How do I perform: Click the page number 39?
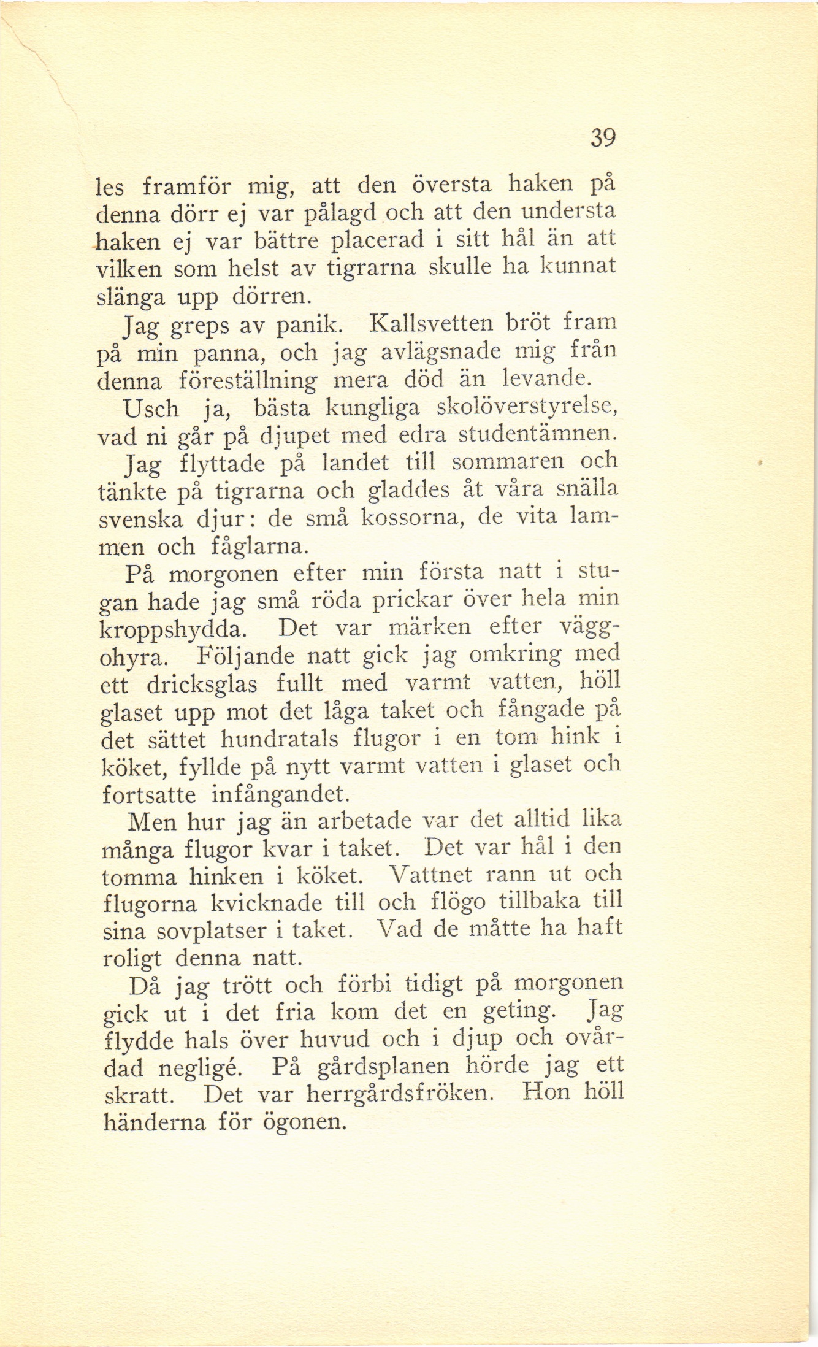602,138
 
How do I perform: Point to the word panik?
305,325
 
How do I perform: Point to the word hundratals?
279,739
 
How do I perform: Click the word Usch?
151,409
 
